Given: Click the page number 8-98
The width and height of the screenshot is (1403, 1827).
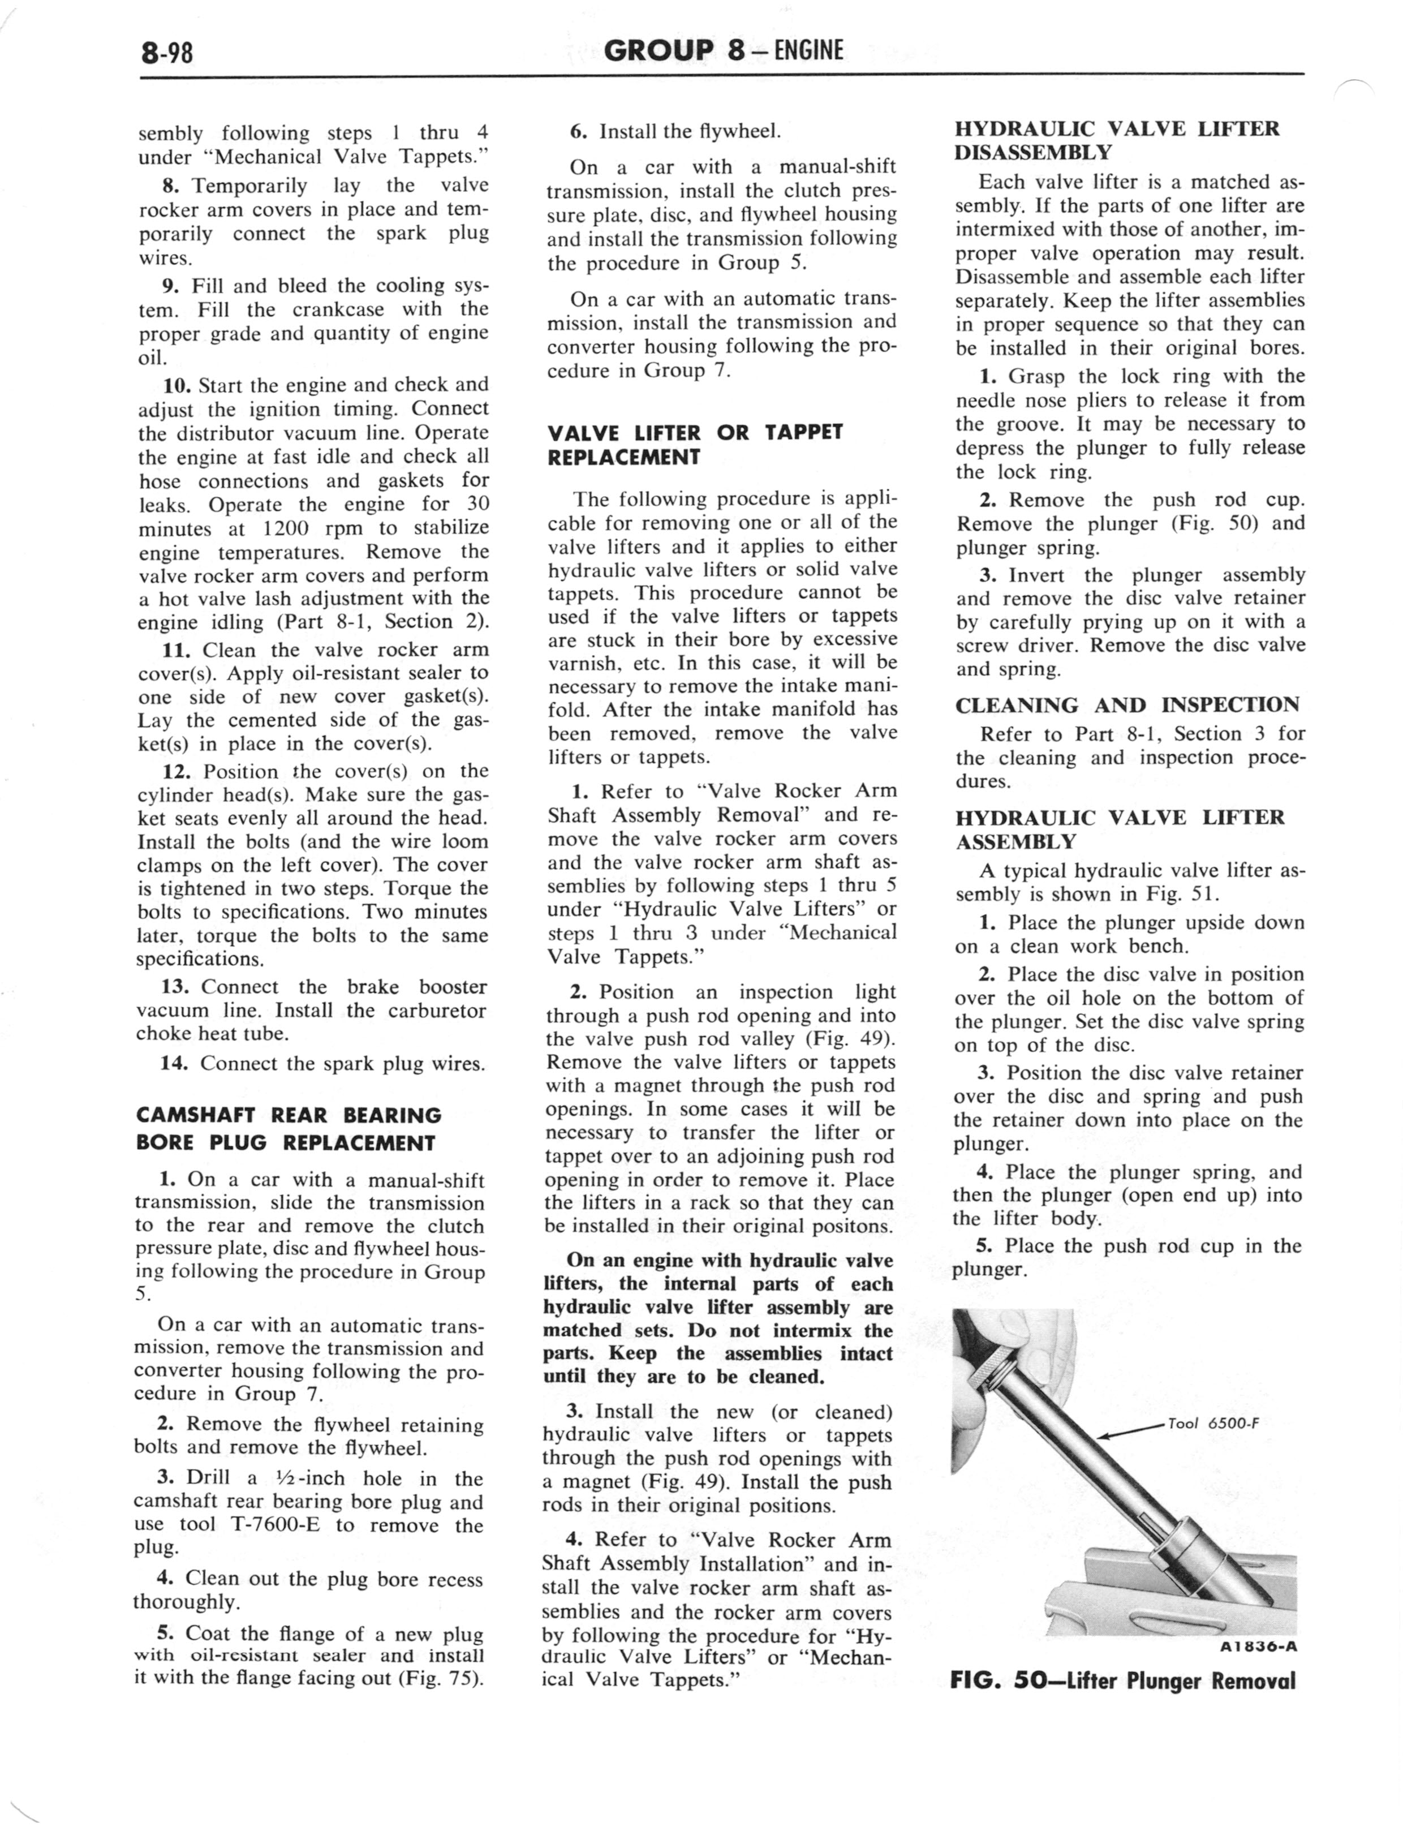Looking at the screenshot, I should pyautogui.click(x=167, y=53).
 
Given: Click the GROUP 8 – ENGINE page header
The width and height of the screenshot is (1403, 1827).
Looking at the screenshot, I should pyautogui.click(x=723, y=51).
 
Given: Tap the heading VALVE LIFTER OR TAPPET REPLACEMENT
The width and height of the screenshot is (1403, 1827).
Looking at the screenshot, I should pyautogui.click(x=695, y=444).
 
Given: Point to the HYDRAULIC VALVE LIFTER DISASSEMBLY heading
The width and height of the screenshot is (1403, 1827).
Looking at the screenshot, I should pyautogui.click(x=1117, y=140).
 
